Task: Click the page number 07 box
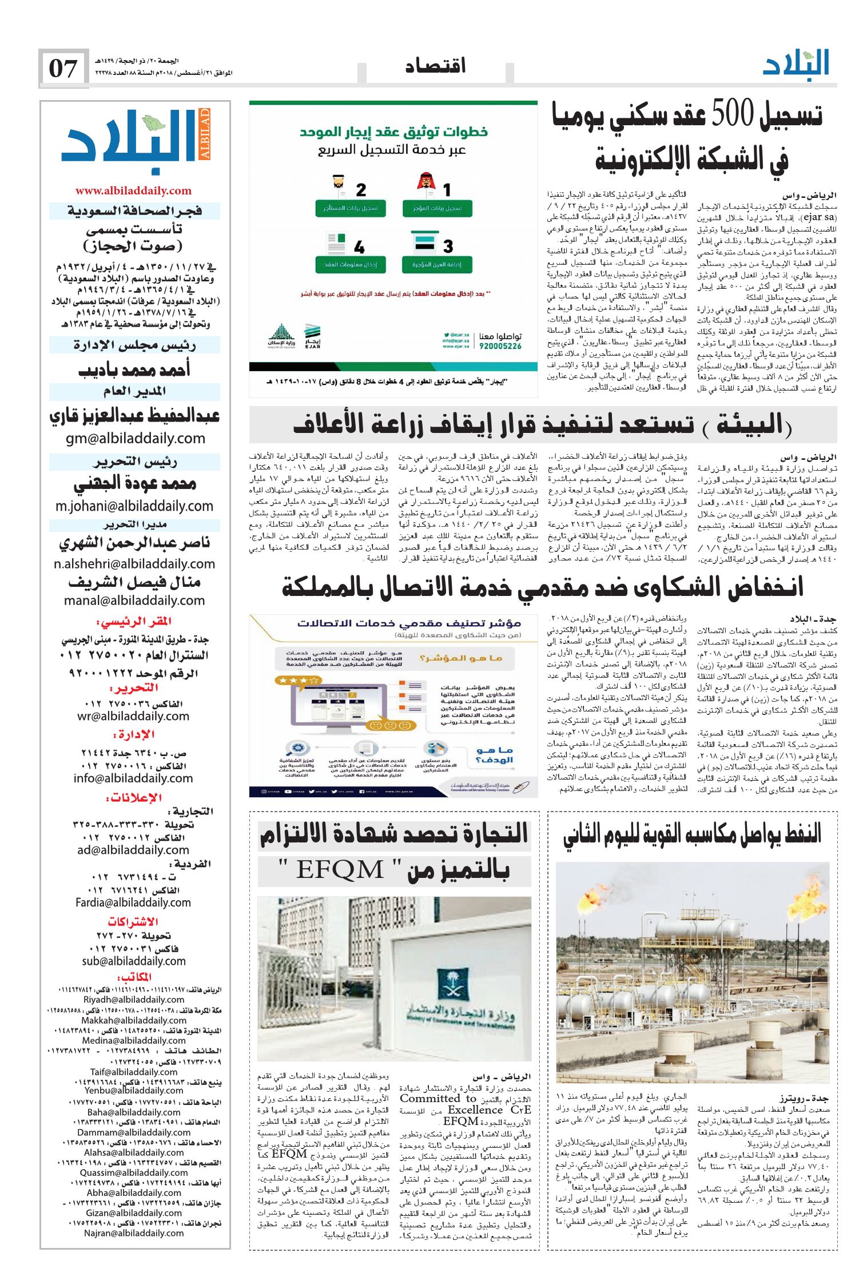(63, 69)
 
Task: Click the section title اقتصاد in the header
(435, 66)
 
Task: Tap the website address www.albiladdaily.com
(133, 191)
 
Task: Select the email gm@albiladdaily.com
(136, 439)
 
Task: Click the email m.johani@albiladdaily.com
(134, 506)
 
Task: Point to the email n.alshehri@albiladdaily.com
(134, 564)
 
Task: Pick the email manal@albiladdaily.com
(134, 601)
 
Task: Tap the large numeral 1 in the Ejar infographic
(447, 189)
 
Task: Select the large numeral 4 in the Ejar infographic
(359, 248)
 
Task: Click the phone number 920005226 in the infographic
(500, 346)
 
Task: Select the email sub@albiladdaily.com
(134, 961)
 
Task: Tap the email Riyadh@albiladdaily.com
(134, 1000)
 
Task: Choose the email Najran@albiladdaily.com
(134, 1233)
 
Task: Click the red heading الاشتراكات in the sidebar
(133, 922)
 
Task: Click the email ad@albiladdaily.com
(133, 850)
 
